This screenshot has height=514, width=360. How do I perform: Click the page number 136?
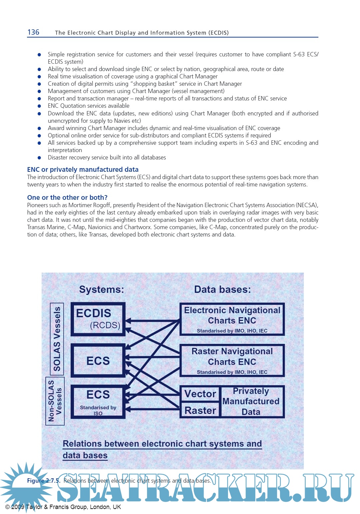coord(33,32)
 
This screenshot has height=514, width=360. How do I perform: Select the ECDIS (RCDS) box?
coord(98,319)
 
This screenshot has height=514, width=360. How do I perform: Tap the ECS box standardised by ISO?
coord(98,402)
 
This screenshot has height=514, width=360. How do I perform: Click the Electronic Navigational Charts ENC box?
coord(232,319)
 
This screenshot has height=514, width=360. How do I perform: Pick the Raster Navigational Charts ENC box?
coord(232,361)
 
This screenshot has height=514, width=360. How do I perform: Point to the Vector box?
coord(200,394)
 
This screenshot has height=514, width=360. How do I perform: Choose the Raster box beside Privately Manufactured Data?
coord(200,410)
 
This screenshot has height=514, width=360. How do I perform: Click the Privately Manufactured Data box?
coord(251,401)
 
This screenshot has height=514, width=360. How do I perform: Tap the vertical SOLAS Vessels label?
coord(57,339)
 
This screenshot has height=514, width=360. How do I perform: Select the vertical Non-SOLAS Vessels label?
coord(55,401)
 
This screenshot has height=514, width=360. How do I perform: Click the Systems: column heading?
coord(101,290)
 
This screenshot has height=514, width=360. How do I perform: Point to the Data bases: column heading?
coord(222,290)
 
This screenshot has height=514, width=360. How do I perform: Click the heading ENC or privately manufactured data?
coord(83,169)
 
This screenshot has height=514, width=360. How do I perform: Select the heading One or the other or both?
coord(67,197)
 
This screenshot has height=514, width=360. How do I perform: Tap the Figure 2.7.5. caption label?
coord(44,481)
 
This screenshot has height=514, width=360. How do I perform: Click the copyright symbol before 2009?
coord(7,507)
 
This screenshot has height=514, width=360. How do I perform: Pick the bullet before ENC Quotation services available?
coord(39,106)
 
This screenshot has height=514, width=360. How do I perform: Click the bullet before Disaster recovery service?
coord(39,158)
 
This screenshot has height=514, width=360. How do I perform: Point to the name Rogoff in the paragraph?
coord(101,205)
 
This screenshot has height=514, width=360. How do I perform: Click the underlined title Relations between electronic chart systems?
coord(162,444)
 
